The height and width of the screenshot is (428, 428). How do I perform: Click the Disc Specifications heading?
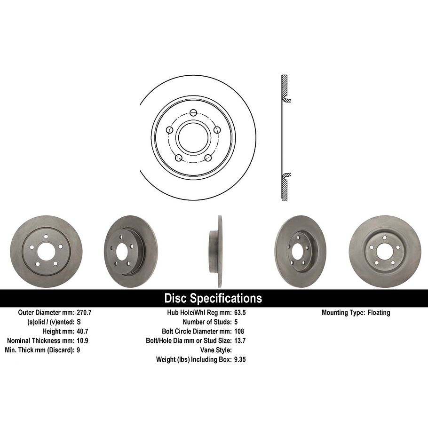click(213, 298)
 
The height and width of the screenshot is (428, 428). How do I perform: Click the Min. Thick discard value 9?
click(79, 350)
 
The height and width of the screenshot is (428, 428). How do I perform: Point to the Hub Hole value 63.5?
click(240, 313)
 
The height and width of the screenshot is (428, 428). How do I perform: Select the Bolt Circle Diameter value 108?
click(238, 332)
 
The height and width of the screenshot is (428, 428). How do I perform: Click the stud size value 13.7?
click(240, 341)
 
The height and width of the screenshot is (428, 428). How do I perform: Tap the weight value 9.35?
click(240, 359)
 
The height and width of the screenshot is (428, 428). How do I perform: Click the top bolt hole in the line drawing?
click(193, 113)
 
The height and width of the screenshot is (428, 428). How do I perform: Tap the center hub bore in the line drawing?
click(193, 138)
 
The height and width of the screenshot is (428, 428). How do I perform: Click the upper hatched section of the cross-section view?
click(285, 87)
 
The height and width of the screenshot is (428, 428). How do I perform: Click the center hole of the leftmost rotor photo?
click(46, 252)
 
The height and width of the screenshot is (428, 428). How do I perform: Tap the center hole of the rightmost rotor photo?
click(384, 252)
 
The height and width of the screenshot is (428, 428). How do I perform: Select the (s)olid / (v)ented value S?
click(79, 322)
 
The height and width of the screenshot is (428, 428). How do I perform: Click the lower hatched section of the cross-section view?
click(285, 188)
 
